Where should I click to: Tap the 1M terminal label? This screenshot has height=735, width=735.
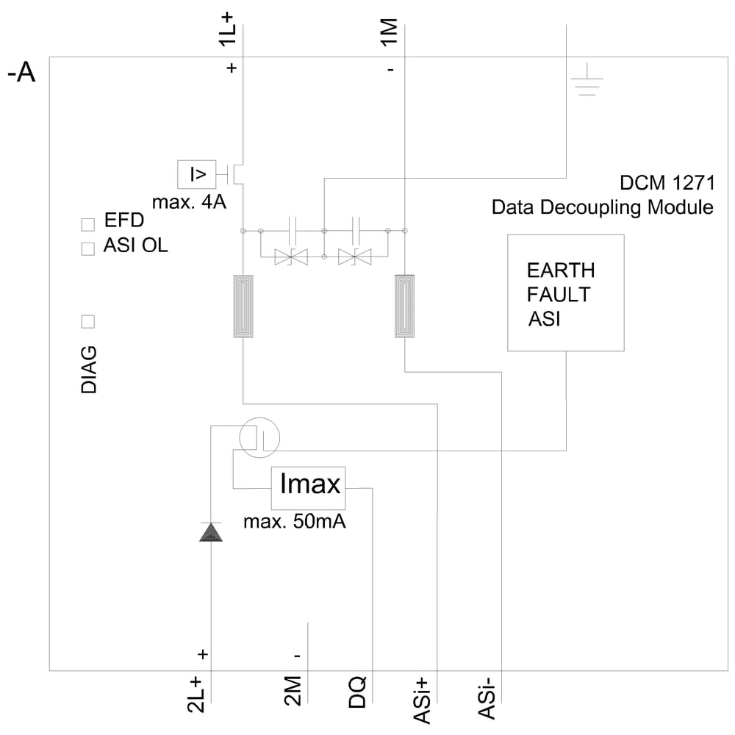click(x=389, y=34)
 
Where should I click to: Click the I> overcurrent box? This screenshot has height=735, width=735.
click(x=197, y=174)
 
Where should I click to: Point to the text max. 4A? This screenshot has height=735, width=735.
click(x=189, y=202)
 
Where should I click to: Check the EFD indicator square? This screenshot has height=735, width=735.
click(x=88, y=223)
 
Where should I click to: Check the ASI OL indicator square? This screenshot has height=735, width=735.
click(x=88, y=248)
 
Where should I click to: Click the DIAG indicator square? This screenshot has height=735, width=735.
click(x=88, y=321)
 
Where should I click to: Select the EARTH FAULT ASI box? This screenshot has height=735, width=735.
click(x=565, y=293)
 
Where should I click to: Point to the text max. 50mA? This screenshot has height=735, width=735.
click(x=295, y=523)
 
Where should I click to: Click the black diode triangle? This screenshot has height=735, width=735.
click(x=211, y=532)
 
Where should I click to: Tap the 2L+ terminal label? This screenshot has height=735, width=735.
click(x=196, y=695)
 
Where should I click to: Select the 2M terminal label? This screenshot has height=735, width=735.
click(x=292, y=692)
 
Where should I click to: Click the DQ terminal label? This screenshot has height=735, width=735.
click(x=357, y=692)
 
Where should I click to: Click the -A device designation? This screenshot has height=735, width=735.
click(x=21, y=74)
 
